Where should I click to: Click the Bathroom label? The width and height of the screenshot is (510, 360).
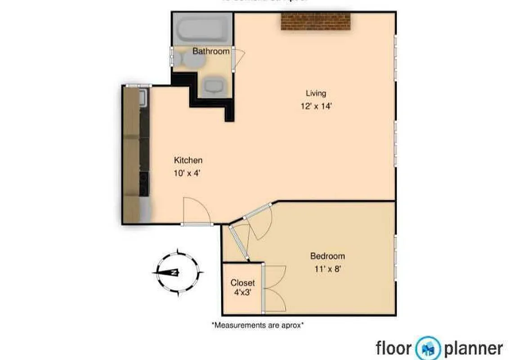pos(211,51)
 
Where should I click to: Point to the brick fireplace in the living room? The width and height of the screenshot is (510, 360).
pos(316,21)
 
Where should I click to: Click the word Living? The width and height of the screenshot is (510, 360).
pos(316,93)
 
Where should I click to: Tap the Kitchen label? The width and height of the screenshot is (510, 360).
pos(188,160)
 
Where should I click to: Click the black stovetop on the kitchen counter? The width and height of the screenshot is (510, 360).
pos(144,184)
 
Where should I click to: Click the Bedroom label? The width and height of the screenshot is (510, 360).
pos(327,256)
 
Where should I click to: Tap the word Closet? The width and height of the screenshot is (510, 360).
pos(242,283)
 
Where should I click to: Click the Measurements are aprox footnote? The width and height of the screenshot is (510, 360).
pos(257,324)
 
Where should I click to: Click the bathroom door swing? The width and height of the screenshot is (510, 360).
pos(239,57)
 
